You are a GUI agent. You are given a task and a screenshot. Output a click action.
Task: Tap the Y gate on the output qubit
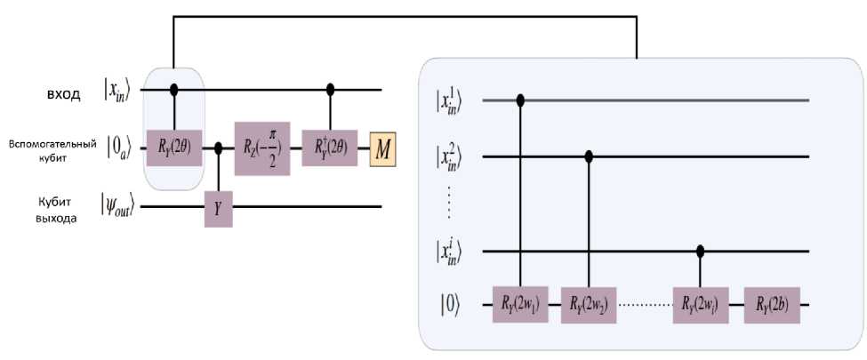(218, 209)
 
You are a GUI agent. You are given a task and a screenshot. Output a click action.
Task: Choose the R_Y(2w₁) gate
(520, 304)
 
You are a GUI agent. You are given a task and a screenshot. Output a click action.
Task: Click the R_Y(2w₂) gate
(589, 304)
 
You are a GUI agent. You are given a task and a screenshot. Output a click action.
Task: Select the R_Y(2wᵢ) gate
(702, 304)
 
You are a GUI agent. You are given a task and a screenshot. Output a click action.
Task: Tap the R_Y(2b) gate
(771, 304)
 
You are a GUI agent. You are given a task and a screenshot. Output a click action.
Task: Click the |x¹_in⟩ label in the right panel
(452, 100)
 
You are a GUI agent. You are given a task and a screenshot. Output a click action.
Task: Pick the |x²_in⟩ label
(452, 156)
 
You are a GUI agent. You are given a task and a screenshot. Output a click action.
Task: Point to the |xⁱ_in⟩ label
(452, 252)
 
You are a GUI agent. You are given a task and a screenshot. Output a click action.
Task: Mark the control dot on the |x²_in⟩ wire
(589, 156)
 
